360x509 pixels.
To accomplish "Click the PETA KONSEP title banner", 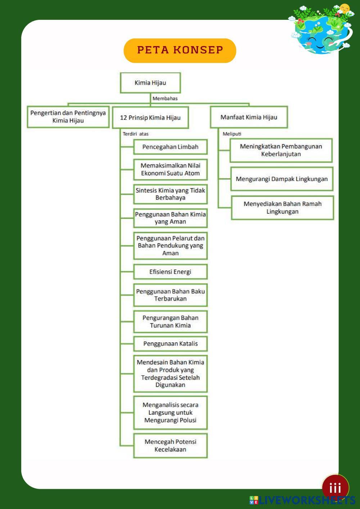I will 180,50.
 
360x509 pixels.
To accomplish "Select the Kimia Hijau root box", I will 150,83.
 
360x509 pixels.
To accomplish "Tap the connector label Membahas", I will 165,99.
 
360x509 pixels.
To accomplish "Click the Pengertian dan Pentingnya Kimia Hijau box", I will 68,117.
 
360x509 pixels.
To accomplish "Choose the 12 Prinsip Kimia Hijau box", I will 150,117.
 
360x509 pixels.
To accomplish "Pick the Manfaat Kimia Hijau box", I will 249,117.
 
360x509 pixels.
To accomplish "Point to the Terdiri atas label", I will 135,134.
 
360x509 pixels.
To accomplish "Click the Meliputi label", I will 232,134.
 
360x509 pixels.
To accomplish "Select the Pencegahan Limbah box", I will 170,147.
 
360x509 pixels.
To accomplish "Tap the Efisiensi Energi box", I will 170,272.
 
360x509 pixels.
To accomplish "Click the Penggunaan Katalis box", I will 170,344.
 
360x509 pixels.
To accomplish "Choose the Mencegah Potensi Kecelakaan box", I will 170,446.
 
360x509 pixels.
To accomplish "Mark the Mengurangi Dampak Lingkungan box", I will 282,179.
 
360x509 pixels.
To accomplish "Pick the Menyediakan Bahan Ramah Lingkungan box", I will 282,208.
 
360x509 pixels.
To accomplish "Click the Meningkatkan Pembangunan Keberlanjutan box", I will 281,150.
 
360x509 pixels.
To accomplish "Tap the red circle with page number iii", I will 335,488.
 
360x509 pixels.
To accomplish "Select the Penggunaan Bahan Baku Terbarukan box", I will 170,295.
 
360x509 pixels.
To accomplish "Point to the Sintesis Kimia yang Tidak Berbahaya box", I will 170,194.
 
